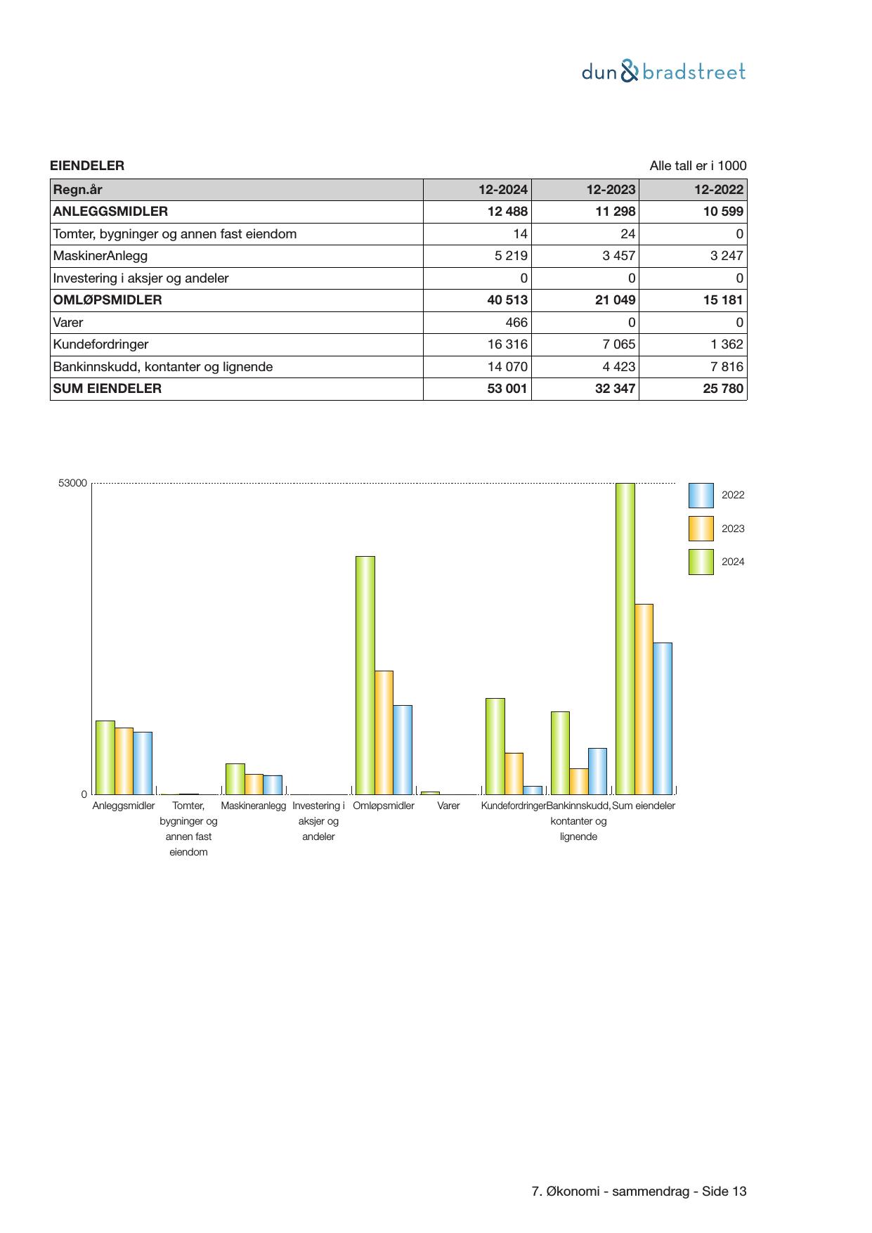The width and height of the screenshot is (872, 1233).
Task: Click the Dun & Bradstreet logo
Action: (x=663, y=72)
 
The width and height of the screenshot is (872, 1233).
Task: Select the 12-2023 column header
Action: (x=611, y=190)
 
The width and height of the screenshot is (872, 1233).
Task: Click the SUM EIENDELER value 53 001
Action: (x=507, y=389)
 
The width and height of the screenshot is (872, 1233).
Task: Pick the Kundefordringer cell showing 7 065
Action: (x=616, y=344)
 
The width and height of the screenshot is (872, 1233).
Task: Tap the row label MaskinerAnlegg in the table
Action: (x=100, y=256)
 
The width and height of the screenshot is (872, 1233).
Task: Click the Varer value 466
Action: (x=517, y=323)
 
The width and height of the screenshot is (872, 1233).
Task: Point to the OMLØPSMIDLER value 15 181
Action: (x=723, y=300)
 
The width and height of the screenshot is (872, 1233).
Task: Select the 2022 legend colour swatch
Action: (x=701, y=496)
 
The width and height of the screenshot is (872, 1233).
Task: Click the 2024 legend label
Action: (x=733, y=562)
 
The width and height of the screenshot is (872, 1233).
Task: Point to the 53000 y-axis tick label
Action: (x=73, y=484)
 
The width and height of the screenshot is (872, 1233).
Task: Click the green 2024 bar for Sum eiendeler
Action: (x=625, y=638)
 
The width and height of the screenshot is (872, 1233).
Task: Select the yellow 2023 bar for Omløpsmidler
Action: (x=384, y=732)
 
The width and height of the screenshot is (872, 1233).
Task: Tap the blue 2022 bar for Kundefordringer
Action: (x=533, y=790)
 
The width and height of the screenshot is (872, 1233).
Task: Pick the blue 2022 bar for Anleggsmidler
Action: (x=143, y=763)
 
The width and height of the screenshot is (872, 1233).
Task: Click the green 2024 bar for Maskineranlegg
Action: (x=235, y=779)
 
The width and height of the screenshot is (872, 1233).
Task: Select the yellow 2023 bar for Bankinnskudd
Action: (x=578, y=781)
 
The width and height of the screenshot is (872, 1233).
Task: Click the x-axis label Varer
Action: (x=448, y=806)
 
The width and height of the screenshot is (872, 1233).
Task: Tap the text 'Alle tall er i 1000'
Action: (x=698, y=166)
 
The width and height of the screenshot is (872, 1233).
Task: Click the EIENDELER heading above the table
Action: (x=87, y=166)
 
